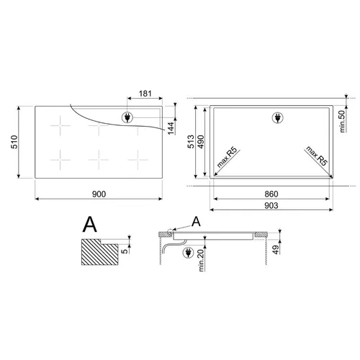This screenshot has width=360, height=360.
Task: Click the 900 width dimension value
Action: [99, 194]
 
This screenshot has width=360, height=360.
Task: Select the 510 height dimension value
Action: [14, 142]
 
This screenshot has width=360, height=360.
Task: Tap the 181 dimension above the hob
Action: [145, 94]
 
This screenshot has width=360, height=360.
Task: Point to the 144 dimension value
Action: [171, 128]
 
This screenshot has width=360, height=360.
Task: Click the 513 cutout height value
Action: [191, 142]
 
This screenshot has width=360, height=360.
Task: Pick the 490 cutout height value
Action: [201, 142]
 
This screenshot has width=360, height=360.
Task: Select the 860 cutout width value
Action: [271, 194]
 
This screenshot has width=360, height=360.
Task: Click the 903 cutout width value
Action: [271, 205]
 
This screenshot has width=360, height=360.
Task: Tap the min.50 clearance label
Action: [343, 121]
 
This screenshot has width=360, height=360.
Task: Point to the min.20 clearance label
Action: [201, 261]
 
